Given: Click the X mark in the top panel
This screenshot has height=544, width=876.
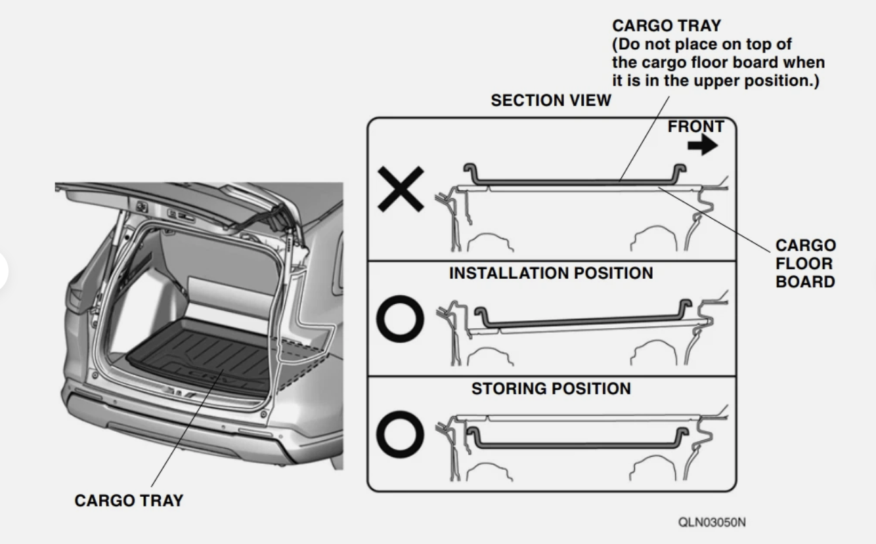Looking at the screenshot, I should point(401,189).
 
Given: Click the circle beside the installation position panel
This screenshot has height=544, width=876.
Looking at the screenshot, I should point(399,318).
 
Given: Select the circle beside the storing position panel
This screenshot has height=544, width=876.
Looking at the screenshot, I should point(399,433).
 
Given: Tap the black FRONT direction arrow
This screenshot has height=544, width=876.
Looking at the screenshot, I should point(703,146).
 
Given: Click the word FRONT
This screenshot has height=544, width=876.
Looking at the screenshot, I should point(695,127).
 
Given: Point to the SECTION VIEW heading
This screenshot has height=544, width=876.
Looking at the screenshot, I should point(550,100).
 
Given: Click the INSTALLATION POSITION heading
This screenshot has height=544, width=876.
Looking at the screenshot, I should point(551,273).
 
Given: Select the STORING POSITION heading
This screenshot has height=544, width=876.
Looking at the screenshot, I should point(551,388).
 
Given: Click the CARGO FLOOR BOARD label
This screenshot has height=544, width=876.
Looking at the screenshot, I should point(805,264).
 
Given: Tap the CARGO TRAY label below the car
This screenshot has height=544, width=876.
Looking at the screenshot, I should point(129,501).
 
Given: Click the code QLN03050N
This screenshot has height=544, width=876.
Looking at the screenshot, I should point(712,522).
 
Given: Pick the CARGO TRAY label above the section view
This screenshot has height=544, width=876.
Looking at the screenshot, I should point(666,26).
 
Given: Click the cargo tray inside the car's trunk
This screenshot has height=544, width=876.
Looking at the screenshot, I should point(197,354).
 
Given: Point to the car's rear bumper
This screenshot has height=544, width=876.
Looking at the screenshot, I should point(197,427).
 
